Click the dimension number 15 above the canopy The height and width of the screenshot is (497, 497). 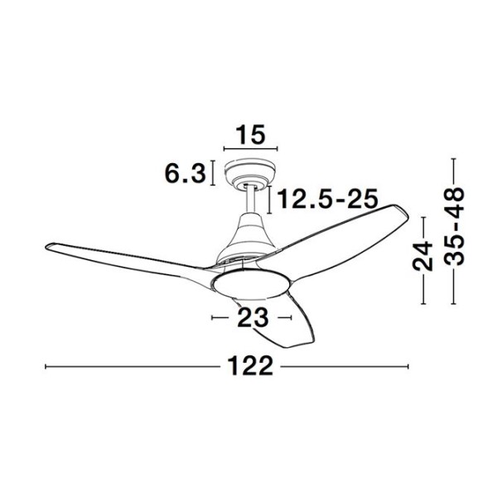click(250, 135)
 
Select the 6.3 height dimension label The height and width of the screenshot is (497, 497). click(185, 174)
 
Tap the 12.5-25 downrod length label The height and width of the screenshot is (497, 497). click(327, 199)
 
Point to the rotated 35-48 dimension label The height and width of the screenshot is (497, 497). click(454, 226)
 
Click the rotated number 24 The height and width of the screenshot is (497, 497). click(422, 256)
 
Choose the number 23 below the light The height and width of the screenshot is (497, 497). click(253, 317)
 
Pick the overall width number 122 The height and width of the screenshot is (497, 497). click(250, 366)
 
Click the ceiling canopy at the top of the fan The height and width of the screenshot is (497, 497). click(249, 174)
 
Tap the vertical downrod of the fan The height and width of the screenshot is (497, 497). click(251, 200)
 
